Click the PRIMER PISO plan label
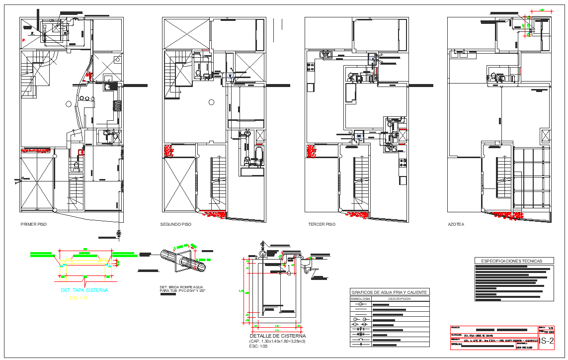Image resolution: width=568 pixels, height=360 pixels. pyautogui.click(x=33, y=225)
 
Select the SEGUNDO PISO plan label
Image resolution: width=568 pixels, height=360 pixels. pyautogui.click(x=175, y=225)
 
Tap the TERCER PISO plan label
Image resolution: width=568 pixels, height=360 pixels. pyautogui.click(x=322, y=225)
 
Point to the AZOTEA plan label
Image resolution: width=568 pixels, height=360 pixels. pyautogui.click(x=456, y=225)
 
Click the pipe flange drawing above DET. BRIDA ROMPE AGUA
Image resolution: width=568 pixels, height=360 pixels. pyautogui.click(x=183, y=261)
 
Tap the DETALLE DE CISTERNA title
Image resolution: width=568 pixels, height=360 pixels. pyautogui.click(x=278, y=336)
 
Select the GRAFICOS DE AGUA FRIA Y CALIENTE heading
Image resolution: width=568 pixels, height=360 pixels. pyautogui.click(x=389, y=292)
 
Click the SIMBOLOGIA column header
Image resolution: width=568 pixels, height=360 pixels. pyautogui.click(x=361, y=299)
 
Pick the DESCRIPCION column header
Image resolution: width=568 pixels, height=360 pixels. pyautogui.click(x=400, y=299)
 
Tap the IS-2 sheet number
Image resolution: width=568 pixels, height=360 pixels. pyautogui.click(x=547, y=341)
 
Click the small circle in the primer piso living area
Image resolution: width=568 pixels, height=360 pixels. pyautogui.click(x=69, y=103)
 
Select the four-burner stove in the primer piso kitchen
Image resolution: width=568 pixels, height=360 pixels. pyautogui.click(x=118, y=105)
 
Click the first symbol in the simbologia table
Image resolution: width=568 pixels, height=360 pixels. pyautogui.click(x=361, y=304)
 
